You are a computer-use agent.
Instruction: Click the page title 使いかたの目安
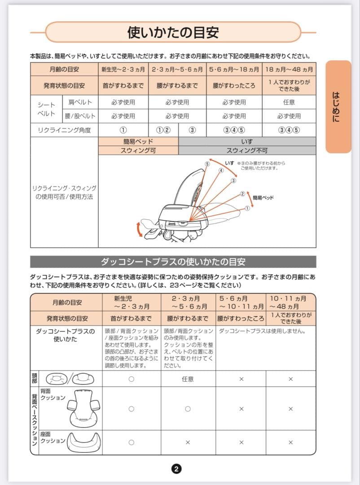coord(173,32)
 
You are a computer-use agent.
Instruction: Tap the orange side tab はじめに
coord(338,107)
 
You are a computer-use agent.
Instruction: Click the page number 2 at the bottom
coord(176,469)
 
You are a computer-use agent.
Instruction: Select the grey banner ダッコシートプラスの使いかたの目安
coord(173,262)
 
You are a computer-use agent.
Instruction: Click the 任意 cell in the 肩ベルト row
coord(289,102)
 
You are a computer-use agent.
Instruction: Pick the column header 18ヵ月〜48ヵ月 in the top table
coord(289,70)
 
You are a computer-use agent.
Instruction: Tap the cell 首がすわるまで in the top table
coord(123,85)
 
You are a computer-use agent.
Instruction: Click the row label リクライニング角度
coord(64,130)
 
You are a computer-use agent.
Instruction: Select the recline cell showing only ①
coord(123,130)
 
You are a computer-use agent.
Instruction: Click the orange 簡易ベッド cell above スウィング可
coord(138,142)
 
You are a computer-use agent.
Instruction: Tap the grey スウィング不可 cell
coord(247,150)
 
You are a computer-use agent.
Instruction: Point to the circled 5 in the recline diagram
coord(207,164)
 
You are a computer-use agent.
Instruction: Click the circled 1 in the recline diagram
coord(247,208)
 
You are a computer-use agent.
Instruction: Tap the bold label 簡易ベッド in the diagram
coord(263,198)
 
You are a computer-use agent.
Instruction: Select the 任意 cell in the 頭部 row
coord(188,379)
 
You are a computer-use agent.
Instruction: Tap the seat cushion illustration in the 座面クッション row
coord(84,442)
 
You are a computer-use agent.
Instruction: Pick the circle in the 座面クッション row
coord(131,442)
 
